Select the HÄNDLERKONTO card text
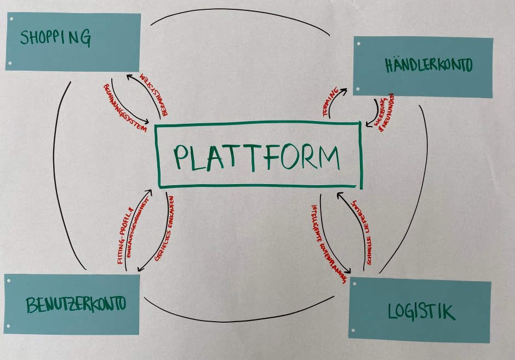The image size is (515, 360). tap(428, 65)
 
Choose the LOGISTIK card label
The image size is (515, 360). tap(421, 311)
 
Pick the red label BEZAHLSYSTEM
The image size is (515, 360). tap(149, 91)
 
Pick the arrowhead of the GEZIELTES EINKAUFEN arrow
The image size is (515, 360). tap(139, 269)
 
